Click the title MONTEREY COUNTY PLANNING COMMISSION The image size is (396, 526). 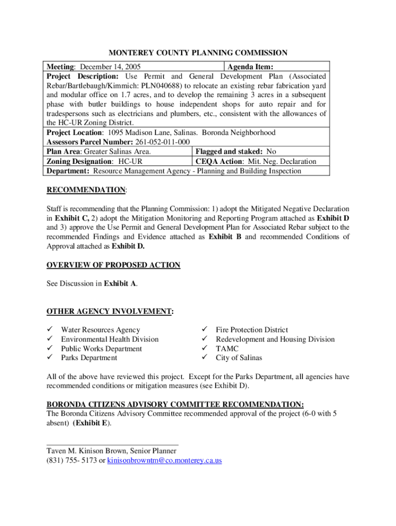197,53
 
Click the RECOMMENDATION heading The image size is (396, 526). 86,190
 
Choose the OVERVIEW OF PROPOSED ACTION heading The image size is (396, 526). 113,265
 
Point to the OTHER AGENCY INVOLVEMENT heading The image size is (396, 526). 110,311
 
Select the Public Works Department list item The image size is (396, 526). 101,349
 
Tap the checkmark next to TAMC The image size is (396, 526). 204,349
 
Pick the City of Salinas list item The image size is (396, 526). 239,358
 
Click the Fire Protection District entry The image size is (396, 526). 251,330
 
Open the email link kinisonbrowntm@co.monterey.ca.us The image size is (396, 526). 165,461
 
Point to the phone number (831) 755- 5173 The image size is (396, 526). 71,461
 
